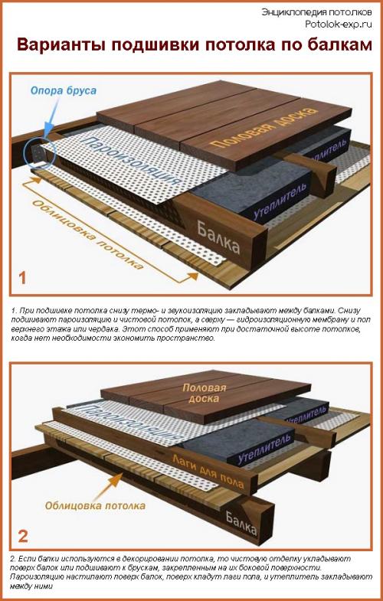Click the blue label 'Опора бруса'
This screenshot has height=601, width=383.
[x=64, y=91]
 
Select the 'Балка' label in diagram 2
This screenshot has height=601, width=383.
[x=241, y=523]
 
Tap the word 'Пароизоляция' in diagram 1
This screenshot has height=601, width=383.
[x=130, y=161]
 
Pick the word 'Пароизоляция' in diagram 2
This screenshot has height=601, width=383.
[x=130, y=422]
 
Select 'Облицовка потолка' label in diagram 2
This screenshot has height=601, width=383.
[x=95, y=505]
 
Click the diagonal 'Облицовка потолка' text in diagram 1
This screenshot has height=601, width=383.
[x=87, y=234]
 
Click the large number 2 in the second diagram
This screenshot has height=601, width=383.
[x=23, y=536]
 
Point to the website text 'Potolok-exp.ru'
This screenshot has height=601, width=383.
[x=339, y=24]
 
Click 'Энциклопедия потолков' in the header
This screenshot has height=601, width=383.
[x=316, y=12]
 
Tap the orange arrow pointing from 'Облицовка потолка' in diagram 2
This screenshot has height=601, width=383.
[x=108, y=485]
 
